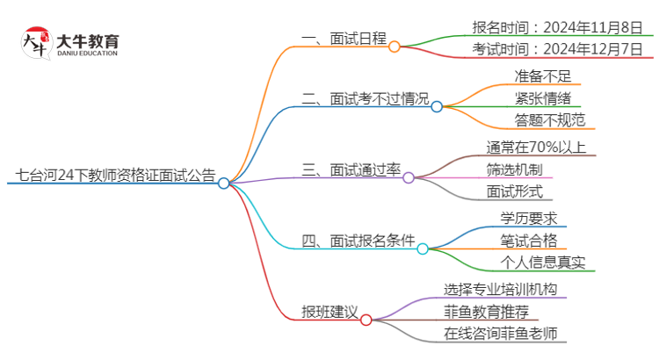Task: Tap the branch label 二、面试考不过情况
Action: coord(365,99)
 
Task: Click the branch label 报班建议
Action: coord(329,312)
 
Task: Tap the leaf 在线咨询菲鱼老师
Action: coord(500,333)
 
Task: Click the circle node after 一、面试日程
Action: coord(395,46)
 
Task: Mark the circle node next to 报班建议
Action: coord(366,320)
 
